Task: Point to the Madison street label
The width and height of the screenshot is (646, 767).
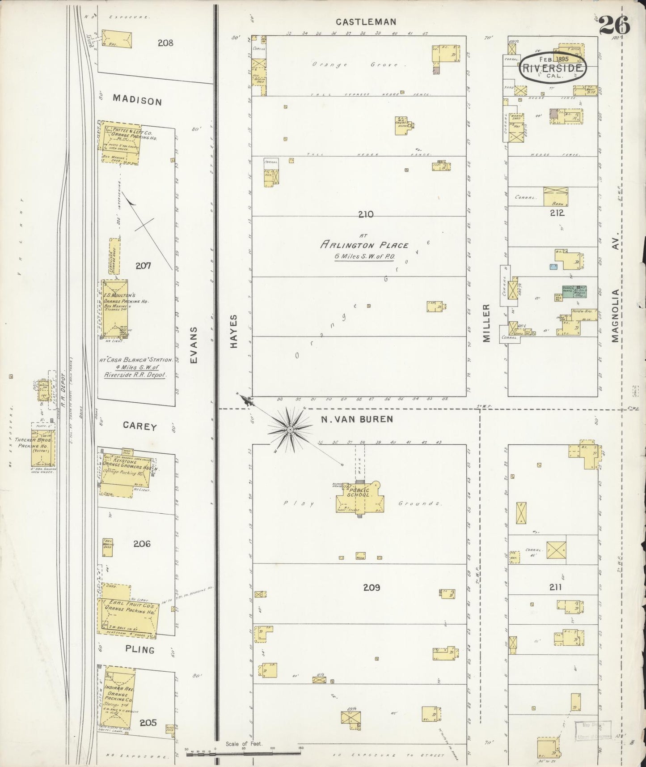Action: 137,100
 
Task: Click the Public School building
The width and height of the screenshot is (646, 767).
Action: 360,497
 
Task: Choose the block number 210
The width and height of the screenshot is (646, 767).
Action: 365,215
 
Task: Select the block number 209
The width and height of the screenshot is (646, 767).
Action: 371,587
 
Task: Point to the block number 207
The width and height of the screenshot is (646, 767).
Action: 144,266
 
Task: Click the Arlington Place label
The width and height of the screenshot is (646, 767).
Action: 364,245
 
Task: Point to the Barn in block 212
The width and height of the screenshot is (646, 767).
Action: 555,196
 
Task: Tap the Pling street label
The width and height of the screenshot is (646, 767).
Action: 140,649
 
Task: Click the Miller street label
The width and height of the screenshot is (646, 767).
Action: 487,323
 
